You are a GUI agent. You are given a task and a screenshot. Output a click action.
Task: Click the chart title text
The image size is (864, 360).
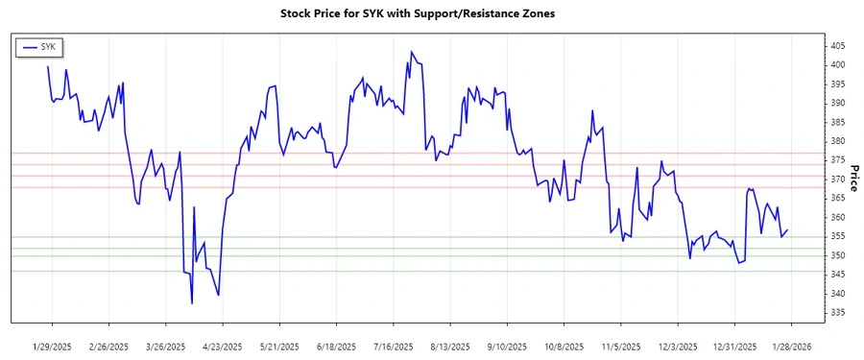(431, 13)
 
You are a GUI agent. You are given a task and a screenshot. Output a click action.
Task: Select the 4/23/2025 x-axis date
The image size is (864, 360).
(222, 346)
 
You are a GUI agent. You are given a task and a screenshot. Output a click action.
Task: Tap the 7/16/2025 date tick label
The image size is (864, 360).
(393, 346)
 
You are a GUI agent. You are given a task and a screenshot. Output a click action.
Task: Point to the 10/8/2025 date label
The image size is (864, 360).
(564, 346)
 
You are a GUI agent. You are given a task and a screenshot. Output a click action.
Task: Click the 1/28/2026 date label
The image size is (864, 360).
(790, 346)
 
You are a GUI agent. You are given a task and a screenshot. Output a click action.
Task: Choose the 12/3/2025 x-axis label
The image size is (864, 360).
(677, 346)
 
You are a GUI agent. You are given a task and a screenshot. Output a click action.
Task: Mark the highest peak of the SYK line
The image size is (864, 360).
(411, 52)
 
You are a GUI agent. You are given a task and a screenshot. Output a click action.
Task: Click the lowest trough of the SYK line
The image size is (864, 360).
(192, 303)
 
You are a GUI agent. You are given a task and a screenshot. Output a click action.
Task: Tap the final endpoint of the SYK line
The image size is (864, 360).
(788, 230)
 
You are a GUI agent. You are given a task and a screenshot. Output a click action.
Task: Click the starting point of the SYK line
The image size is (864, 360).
(48, 66)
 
